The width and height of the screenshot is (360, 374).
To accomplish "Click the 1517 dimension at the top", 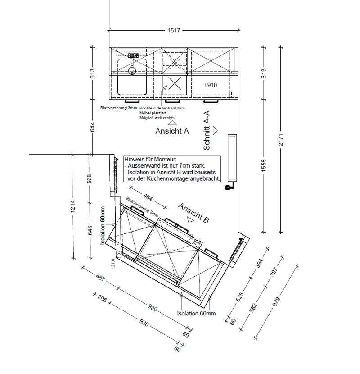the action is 174,31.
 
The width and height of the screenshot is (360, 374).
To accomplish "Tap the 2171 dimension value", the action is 281,140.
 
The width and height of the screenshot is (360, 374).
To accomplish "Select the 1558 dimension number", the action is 264,165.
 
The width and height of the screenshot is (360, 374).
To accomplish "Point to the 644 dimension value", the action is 92,127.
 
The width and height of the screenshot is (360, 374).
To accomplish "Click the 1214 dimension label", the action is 72,206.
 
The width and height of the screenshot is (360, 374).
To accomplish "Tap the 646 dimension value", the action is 90,230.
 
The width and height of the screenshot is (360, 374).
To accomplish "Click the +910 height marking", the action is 211,85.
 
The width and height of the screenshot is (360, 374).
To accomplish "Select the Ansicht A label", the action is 172,131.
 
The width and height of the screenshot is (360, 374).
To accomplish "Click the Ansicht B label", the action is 193,213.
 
